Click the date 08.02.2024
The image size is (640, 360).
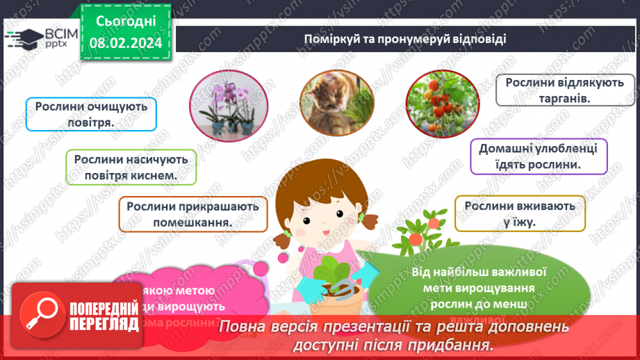click(124, 42)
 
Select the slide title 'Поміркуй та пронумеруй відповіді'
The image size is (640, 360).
click(404, 39)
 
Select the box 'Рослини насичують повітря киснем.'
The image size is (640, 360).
click(131, 167)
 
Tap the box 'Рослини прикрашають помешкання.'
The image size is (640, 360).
click(192, 214)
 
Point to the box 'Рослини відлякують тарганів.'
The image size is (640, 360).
click(553, 90)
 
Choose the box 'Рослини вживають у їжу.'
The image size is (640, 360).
click(520, 213)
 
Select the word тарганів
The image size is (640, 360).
click(554, 99)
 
